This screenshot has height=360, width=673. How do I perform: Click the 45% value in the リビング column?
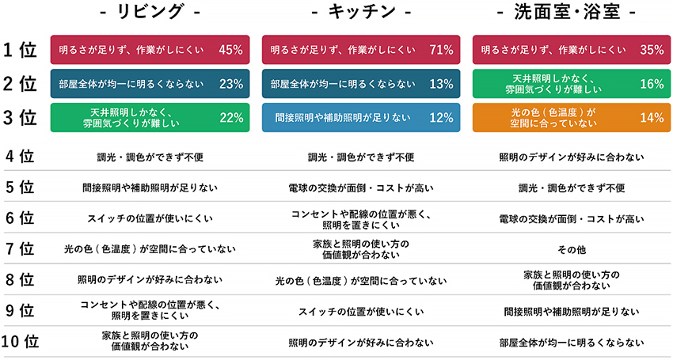230,50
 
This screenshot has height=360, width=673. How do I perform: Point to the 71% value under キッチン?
440,50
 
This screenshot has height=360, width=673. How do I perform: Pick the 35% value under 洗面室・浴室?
651,50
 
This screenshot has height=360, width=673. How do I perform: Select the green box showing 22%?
150,117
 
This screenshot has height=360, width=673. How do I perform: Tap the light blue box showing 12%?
361,117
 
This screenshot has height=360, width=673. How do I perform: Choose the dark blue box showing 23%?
150,84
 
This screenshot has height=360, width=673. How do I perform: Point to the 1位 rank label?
20,50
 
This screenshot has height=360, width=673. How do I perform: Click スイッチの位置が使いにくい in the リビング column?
150,218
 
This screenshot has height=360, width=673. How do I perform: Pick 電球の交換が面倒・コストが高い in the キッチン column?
361,188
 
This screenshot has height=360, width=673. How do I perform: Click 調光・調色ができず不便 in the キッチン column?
361,157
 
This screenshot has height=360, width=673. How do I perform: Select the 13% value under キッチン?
440,84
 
